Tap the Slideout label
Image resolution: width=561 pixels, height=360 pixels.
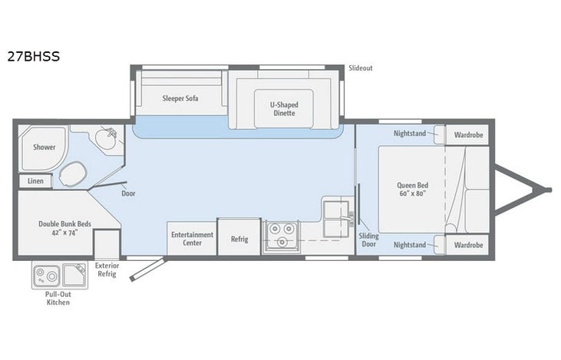point(360,68)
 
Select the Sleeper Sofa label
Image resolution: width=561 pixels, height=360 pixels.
point(180,98)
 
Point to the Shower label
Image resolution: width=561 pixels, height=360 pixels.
point(44,147)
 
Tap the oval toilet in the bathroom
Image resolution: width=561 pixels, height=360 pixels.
point(73,174)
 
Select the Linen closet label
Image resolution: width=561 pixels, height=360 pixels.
point(35,181)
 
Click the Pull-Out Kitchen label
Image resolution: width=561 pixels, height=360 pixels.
point(58,298)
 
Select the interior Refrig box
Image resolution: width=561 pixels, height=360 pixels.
point(239,239)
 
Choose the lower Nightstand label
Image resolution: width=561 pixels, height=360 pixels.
point(410,245)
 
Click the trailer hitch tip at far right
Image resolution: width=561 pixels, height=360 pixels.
point(548,189)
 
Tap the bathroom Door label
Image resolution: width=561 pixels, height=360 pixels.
point(128,193)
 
